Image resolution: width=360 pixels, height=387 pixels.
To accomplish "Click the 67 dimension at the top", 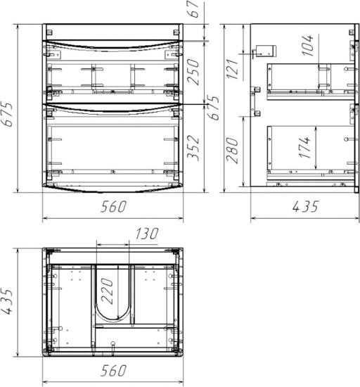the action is [194, 9].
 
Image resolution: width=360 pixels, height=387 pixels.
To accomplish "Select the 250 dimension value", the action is [193, 72].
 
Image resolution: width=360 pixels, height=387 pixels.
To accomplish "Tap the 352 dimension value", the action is [193, 148].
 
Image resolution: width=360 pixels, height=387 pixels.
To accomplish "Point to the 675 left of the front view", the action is [6, 114].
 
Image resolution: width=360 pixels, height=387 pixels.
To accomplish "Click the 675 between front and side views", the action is [213, 108].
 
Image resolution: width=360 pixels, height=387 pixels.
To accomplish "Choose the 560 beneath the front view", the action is [113, 206].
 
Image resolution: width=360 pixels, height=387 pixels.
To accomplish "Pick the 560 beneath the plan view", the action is [113, 370].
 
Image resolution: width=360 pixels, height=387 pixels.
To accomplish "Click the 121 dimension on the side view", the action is [233, 70].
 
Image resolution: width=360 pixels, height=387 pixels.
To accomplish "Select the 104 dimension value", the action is [307, 45].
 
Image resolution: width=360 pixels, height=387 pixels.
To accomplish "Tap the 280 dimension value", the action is [232, 151].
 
